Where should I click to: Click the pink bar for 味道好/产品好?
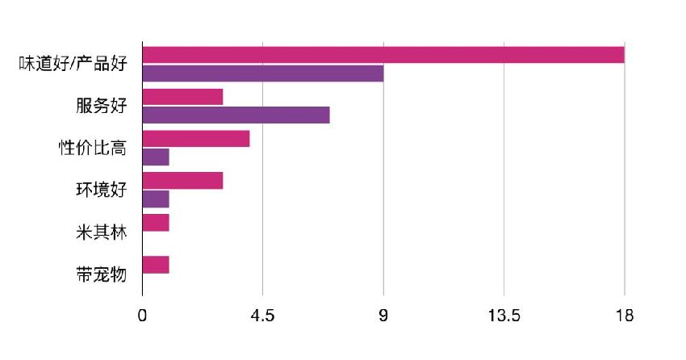click(x=383, y=55)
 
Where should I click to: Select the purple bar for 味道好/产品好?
click(x=263, y=73)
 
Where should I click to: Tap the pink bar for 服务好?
click(x=182, y=97)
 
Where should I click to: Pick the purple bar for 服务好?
click(x=236, y=115)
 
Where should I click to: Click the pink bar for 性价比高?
click(x=196, y=139)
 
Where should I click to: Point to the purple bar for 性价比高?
click(x=156, y=157)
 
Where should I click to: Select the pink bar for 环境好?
click(x=182, y=181)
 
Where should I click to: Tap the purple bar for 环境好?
click(x=156, y=199)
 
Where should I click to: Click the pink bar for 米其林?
click(x=156, y=222)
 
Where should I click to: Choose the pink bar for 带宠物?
click(x=156, y=264)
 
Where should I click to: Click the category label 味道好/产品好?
click(x=73, y=65)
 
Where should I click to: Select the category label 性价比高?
click(x=93, y=149)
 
